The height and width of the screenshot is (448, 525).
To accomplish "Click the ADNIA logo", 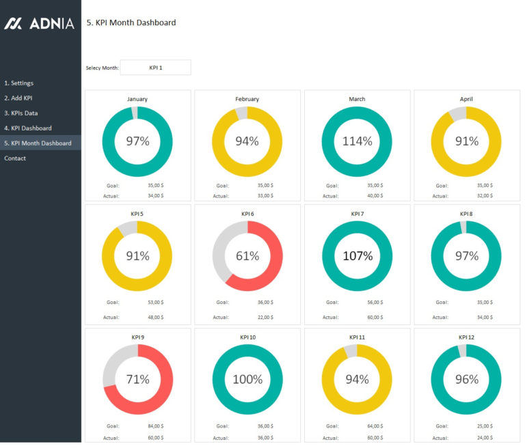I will pyautogui.click(x=39, y=23).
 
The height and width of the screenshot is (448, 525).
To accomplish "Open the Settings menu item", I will pyautogui.click(x=18, y=83).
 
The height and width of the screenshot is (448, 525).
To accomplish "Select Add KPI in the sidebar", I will pyautogui.click(x=18, y=98).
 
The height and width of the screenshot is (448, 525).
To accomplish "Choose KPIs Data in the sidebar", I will pyautogui.click(x=21, y=113).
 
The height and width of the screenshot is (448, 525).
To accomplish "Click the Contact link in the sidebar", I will pyautogui.click(x=15, y=158).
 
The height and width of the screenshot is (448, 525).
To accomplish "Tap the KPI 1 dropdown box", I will pyautogui.click(x=155, y=68).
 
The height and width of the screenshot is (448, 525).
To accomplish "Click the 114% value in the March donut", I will pyautogui.click(x=357, y=141).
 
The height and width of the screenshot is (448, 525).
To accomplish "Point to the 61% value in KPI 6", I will pyautogui.click(x=247, y=256).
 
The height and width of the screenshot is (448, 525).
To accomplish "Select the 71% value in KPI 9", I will pyautogui.click(x=137, y=379).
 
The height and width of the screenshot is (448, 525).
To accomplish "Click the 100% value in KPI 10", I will pyautogui.click(x=247, y=379).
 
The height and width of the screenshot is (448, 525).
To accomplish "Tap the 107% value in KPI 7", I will pyautogui.click(x=357, y=256).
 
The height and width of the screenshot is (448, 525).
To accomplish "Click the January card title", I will pyautogui.click(x=137, y=99).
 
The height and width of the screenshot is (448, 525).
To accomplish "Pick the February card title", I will pyautogui.click(x=247, y=99).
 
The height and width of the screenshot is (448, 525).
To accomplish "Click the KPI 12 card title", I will pyautogui.click(x=467, y=337).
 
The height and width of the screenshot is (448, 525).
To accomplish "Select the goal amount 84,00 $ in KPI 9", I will pyautogui.click(x=155, y=426).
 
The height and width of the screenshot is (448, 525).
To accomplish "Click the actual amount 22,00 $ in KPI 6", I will pyautogui.click(x=265, y=317).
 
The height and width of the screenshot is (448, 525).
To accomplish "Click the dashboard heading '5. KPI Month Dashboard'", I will pyautogui.click(x=131, y=23).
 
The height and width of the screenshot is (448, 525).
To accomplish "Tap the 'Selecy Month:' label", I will pyautogui.click(x=102, y=68).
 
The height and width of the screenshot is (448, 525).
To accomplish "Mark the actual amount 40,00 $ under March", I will pyautogui.click(x=375, y=196).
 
